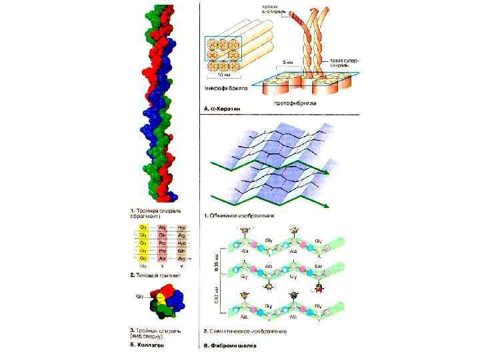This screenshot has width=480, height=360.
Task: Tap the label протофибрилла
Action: coord(295,103)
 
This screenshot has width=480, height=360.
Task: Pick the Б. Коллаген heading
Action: coord(147,345)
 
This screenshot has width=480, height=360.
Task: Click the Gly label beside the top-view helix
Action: coord(140,296)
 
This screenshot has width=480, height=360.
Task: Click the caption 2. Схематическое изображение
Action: coord(245,331)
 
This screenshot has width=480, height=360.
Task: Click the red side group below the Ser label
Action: coord(320,287)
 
